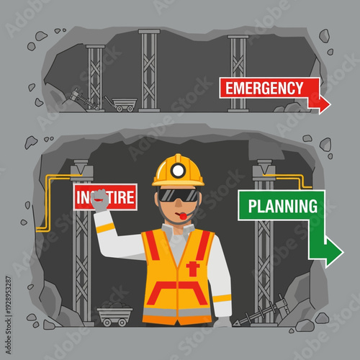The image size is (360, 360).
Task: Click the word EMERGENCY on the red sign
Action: tap(264, 89)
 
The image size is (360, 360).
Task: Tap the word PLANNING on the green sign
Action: tap(282, 207)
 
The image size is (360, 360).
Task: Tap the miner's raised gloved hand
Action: tap(99, 200)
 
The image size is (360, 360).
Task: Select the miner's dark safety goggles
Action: tap(177, 194)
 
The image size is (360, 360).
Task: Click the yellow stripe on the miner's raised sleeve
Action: tap(105, 228)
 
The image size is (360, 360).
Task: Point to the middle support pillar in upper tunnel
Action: tap(150, 69)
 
